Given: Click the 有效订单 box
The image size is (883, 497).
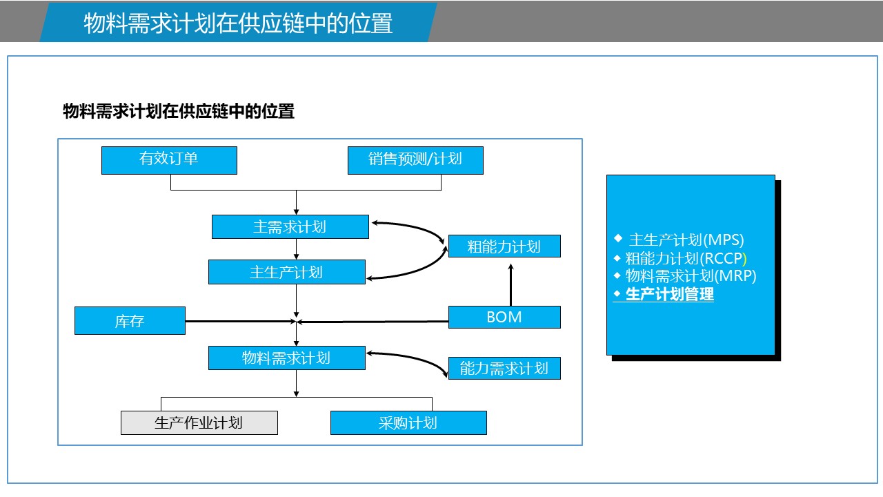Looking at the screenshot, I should (169, 160).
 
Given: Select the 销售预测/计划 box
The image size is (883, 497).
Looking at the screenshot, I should (415, 160).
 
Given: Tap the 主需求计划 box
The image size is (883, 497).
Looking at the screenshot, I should (290, 227).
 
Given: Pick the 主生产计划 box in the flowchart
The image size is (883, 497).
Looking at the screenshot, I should (286, 272).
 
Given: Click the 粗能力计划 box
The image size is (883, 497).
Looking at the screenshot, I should (504, 246).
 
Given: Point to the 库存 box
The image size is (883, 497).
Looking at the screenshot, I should (130, 321).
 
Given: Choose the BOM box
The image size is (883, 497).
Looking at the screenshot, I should (504, 318).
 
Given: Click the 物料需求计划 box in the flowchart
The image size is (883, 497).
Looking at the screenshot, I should (286, 358).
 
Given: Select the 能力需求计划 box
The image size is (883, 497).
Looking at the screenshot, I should (504, 369).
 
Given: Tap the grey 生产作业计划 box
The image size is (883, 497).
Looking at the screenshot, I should (199, 423).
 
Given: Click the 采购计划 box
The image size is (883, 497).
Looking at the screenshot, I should (408, 423).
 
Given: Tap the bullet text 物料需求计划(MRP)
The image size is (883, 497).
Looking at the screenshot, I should (691, 276).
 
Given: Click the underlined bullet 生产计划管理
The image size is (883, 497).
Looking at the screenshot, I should (669, 295).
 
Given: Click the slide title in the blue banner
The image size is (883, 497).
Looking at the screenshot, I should (238, 23).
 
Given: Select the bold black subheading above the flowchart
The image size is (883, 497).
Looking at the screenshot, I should (179, 112).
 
